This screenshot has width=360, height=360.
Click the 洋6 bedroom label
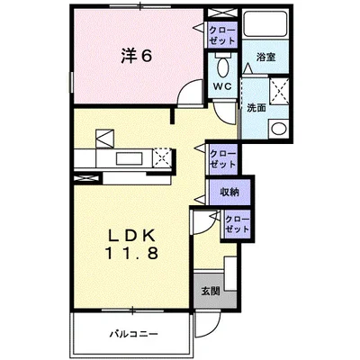click(137, 56)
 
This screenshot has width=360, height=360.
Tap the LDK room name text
click(131, 236)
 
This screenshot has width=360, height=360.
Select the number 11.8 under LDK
click(131, 254)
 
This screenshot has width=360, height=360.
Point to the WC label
click(222, 86)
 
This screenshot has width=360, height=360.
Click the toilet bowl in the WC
click(222, 67)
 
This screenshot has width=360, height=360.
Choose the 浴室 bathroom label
click(265, 57)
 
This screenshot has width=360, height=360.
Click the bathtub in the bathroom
click(265, 23)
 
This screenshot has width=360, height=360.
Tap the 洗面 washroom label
click(256, 108)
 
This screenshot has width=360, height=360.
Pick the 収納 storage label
click(229, 192)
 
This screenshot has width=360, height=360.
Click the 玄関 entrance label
click(211, 291)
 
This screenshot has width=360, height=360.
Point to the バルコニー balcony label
click(133, 333)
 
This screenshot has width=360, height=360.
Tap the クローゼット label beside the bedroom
click(222, 35)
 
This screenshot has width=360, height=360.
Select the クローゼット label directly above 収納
click(222, 159)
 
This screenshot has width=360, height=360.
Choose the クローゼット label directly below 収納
click(237, 224)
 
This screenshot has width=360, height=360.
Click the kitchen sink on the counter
click(130, 158)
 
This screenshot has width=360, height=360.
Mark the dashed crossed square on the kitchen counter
click(162, 157)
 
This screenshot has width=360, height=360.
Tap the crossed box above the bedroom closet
click(222, 13)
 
